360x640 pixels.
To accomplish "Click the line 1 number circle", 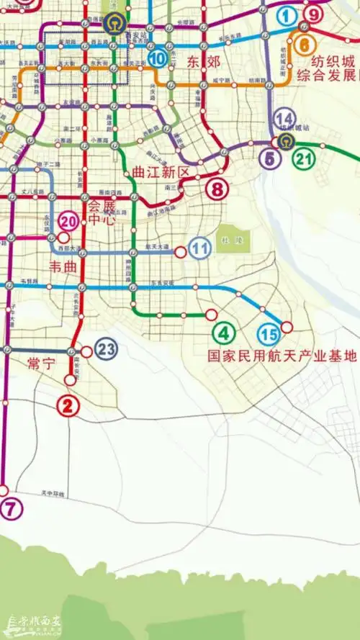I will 288,15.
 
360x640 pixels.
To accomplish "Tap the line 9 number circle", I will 312,14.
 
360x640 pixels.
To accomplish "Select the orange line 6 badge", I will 304,45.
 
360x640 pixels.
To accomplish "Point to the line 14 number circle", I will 285,119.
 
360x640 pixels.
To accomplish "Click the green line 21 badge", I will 304,158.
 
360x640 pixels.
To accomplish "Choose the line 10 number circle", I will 157,58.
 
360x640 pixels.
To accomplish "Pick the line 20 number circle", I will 70,221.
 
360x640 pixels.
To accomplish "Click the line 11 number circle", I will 200,249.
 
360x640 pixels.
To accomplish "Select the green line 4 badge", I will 224,333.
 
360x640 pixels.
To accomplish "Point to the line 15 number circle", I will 269,335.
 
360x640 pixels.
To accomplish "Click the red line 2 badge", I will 68,406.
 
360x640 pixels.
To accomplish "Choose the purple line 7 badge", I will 11,509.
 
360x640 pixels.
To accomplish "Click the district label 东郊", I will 203,61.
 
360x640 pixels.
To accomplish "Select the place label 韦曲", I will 63,267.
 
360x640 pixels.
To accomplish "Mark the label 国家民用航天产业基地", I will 282,356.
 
